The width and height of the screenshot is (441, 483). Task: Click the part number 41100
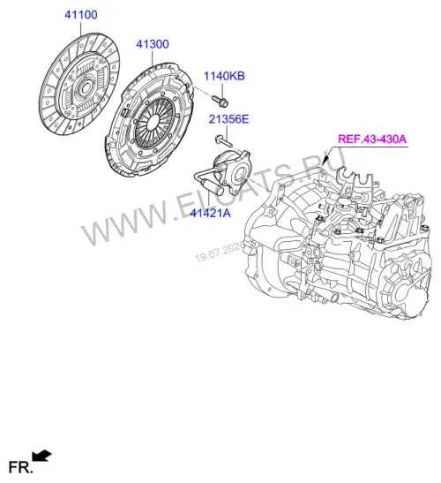(x=81, y=15)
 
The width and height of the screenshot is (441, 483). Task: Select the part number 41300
(x=153, y=44)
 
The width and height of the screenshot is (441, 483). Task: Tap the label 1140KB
(x=224, y=76)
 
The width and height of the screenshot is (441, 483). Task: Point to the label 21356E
(x=228, y=119)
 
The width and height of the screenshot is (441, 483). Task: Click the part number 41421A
(x=210, y=213)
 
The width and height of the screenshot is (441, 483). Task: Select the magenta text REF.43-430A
(x=372, y=139)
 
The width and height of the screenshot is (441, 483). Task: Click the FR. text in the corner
(x=20, y=467)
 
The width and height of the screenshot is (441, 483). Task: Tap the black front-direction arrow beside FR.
(x=41, y=456)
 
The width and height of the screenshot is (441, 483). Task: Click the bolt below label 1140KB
(x=220, y=101)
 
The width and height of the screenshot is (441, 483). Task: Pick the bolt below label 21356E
(x=223, y=140)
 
